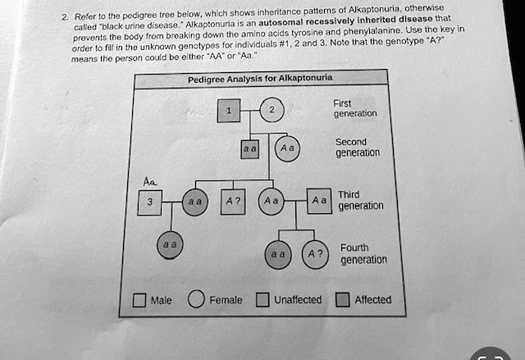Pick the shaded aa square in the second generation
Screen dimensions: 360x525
tap(249, 150)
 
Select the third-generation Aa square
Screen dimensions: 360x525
tap(319, 199)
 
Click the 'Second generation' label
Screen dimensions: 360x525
tap(357, 147)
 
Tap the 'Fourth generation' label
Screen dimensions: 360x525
tap(363, 253)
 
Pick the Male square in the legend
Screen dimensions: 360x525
tap(139, 300)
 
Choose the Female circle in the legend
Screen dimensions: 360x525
tap(196, 299)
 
